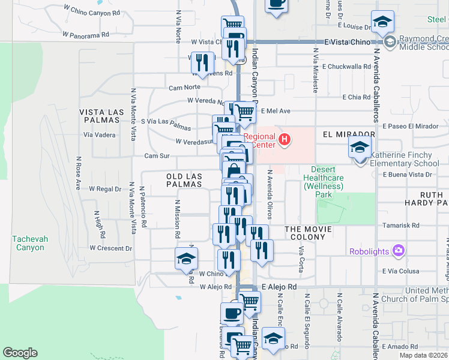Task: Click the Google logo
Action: click(20, 353)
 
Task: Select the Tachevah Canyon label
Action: click(28, 243)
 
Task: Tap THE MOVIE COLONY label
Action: click(305, 233)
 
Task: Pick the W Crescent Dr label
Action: click(111, 248)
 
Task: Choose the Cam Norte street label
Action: click(184, 87)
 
